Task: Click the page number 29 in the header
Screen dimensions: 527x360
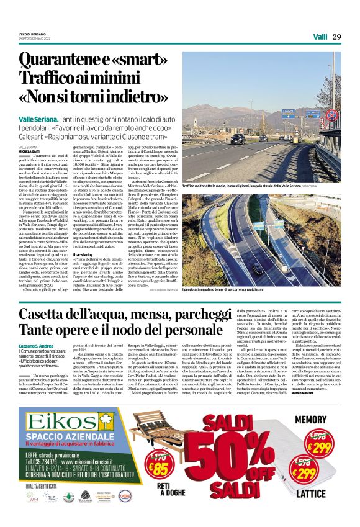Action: click(x=336, y=37)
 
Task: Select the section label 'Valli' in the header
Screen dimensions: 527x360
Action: click(x=320, y=37)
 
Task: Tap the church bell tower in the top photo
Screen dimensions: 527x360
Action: click(x=252, y=102)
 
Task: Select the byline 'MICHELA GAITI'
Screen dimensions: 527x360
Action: click(x=31, y=151)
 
